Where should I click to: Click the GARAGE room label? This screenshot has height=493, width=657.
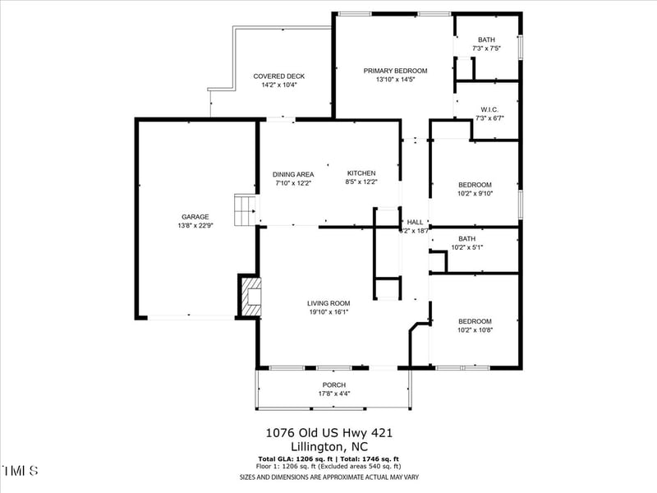(195, 217)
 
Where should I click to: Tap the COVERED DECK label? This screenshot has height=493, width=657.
(278, 76)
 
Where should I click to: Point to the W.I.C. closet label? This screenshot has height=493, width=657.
(487, 109)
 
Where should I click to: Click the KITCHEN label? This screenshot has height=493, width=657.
(361, 173)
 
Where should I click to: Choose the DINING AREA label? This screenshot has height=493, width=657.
(293, 174)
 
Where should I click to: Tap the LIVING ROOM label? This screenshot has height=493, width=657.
(328, 303)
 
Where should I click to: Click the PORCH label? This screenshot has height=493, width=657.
(333, 385)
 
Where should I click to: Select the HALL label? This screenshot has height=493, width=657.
(415, 222)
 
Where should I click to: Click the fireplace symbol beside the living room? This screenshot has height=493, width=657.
(250, 295)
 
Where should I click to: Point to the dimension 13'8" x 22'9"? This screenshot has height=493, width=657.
(195, 226)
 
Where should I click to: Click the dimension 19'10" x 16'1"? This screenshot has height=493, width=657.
(328, 312)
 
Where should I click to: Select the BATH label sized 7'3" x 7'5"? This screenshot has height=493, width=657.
(487, 39)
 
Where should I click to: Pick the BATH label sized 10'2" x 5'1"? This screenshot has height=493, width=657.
(466, 238)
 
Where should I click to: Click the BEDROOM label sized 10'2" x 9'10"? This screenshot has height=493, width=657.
(475, 185)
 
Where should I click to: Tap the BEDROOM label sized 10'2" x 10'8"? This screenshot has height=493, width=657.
(475, 321)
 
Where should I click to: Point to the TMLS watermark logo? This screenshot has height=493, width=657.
(20, 471)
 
